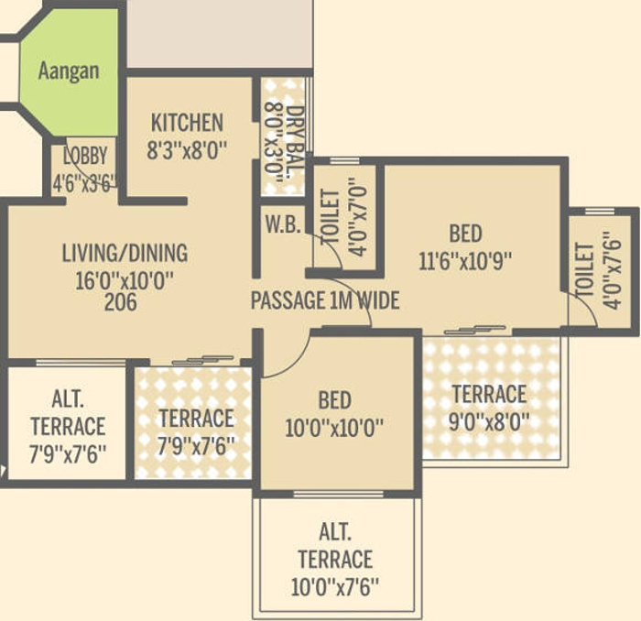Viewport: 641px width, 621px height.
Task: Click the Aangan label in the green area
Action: tap(69, 71)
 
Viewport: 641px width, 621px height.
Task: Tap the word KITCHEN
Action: tap(187, 123)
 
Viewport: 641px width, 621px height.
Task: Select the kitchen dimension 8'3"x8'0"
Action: tap(187, 149)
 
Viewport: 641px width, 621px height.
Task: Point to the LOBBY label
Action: tap(85, 155)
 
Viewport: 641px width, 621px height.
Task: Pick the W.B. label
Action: tap(283, 224)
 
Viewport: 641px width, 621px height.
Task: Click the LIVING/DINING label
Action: tap(125, 253)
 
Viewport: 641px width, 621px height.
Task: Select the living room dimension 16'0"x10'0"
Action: tap(125, 278)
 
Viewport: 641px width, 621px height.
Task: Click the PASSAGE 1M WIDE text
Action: tap(325, 300)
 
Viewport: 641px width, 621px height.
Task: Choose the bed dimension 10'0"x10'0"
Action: tap(334, 427)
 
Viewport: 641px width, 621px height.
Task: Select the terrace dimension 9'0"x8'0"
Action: tap(490, 421)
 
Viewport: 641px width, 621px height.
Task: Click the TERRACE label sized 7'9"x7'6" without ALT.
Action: tap(196, 419)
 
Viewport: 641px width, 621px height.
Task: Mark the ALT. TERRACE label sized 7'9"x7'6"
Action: tap(67, 426)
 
